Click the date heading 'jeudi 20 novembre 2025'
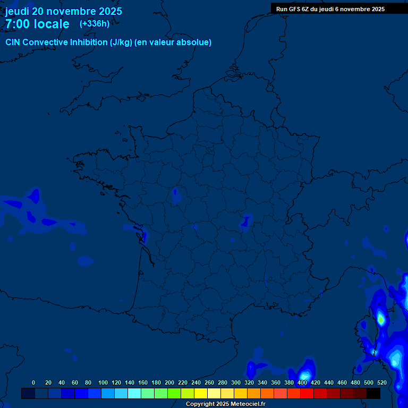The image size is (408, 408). [x=63, y=11]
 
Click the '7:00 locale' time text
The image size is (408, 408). [x=37, y=24]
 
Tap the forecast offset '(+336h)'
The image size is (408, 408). [x=95, y=23]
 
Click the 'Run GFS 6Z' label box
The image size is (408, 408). [x=330, y=8]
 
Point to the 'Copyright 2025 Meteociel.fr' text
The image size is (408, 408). [x=225, y=404]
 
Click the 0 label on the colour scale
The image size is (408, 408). [x=33, y=382]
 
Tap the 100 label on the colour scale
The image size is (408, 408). [x=103, y=382]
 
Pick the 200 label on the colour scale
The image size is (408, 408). [x=169, y=382]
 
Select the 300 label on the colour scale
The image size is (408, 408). [x=236, y=382]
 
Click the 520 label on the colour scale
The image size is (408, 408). [x=381, y=382]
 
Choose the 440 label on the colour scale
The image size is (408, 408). [x=329, y=382]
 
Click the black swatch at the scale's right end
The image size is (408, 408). [x=373, y=393]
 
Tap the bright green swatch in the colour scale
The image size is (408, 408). [x=174, y=393]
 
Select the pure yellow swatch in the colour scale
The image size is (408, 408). [x=201, y=393]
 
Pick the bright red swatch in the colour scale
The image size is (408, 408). [x=307, y=393]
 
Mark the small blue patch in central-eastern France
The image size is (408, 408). [x=246, y=221]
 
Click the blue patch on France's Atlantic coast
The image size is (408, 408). [x=139, y=232]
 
